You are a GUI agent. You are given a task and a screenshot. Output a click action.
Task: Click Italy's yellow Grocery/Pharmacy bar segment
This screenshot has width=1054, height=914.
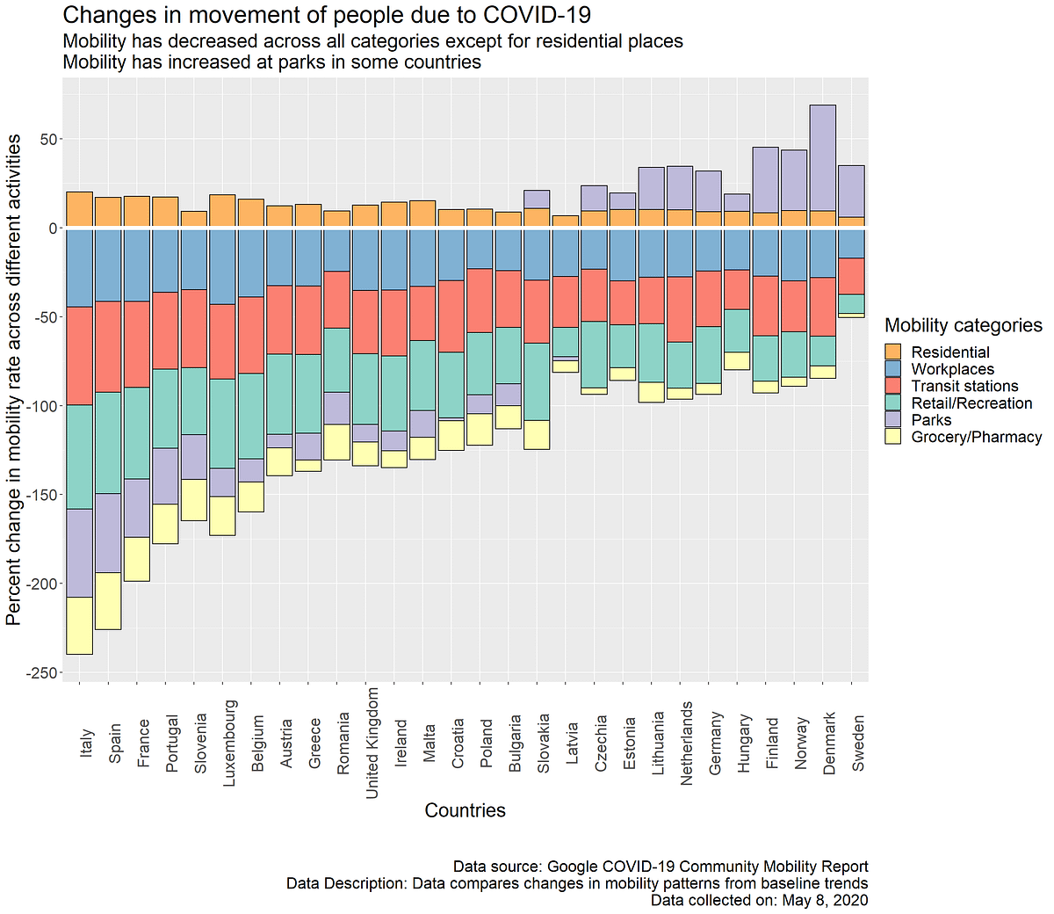(x=80, y=626)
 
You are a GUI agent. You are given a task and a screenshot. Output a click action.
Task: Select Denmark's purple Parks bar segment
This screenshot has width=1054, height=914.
(x=823, y=157)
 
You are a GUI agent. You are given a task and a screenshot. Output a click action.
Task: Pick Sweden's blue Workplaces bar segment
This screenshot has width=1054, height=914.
(x=852, y=243)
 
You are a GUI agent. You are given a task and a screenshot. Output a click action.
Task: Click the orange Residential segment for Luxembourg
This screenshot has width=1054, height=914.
(x=222, y=211)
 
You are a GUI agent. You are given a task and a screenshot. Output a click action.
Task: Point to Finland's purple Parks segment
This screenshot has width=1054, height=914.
(x=766, y=179)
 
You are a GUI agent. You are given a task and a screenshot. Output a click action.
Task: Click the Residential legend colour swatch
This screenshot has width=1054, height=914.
(x=893, y=352)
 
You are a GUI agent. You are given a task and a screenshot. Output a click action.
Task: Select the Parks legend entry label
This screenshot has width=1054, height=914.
(x=931, y=420)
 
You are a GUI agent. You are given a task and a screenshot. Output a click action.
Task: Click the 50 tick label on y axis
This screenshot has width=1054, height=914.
(x=48, y=140)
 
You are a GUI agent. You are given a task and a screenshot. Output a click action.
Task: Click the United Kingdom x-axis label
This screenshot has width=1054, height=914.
(x=372, y=743)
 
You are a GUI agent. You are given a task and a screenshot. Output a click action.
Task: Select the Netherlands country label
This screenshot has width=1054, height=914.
(x=687, y=743)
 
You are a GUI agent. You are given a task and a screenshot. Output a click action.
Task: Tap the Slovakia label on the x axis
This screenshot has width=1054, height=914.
(x=544, y=743)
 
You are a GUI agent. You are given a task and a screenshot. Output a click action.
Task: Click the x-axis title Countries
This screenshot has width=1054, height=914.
(x=465, y=810)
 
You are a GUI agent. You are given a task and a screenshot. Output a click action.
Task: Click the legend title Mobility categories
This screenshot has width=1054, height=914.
(x=963, y=325)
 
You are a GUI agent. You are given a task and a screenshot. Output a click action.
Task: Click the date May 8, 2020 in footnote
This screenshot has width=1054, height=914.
(x=822, y=900)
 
